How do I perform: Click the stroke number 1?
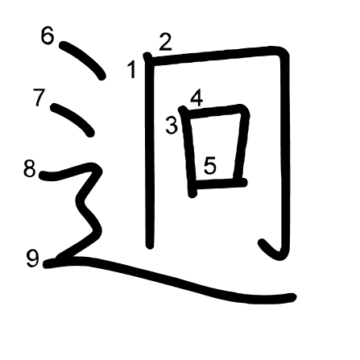click(x=131, y=69)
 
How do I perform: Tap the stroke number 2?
click(x=165, y=42)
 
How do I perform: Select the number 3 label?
click(x=172, y=126)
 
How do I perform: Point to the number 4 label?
click(x=197, y=98)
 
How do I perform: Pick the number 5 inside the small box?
click(x=210, y=166)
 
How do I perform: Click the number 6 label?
click(x=48, y=35)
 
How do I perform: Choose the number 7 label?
click(x=39, y=97)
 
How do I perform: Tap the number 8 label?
click(x=30, y=169)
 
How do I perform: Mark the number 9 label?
click(x=33, y=259)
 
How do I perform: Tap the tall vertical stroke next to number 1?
click(x=150, y=151)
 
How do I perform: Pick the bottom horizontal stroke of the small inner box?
click(x=220, y=184)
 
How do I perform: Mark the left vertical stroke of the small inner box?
click(x=188, y=151)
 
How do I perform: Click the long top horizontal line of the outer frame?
click(x=215, y=56)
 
